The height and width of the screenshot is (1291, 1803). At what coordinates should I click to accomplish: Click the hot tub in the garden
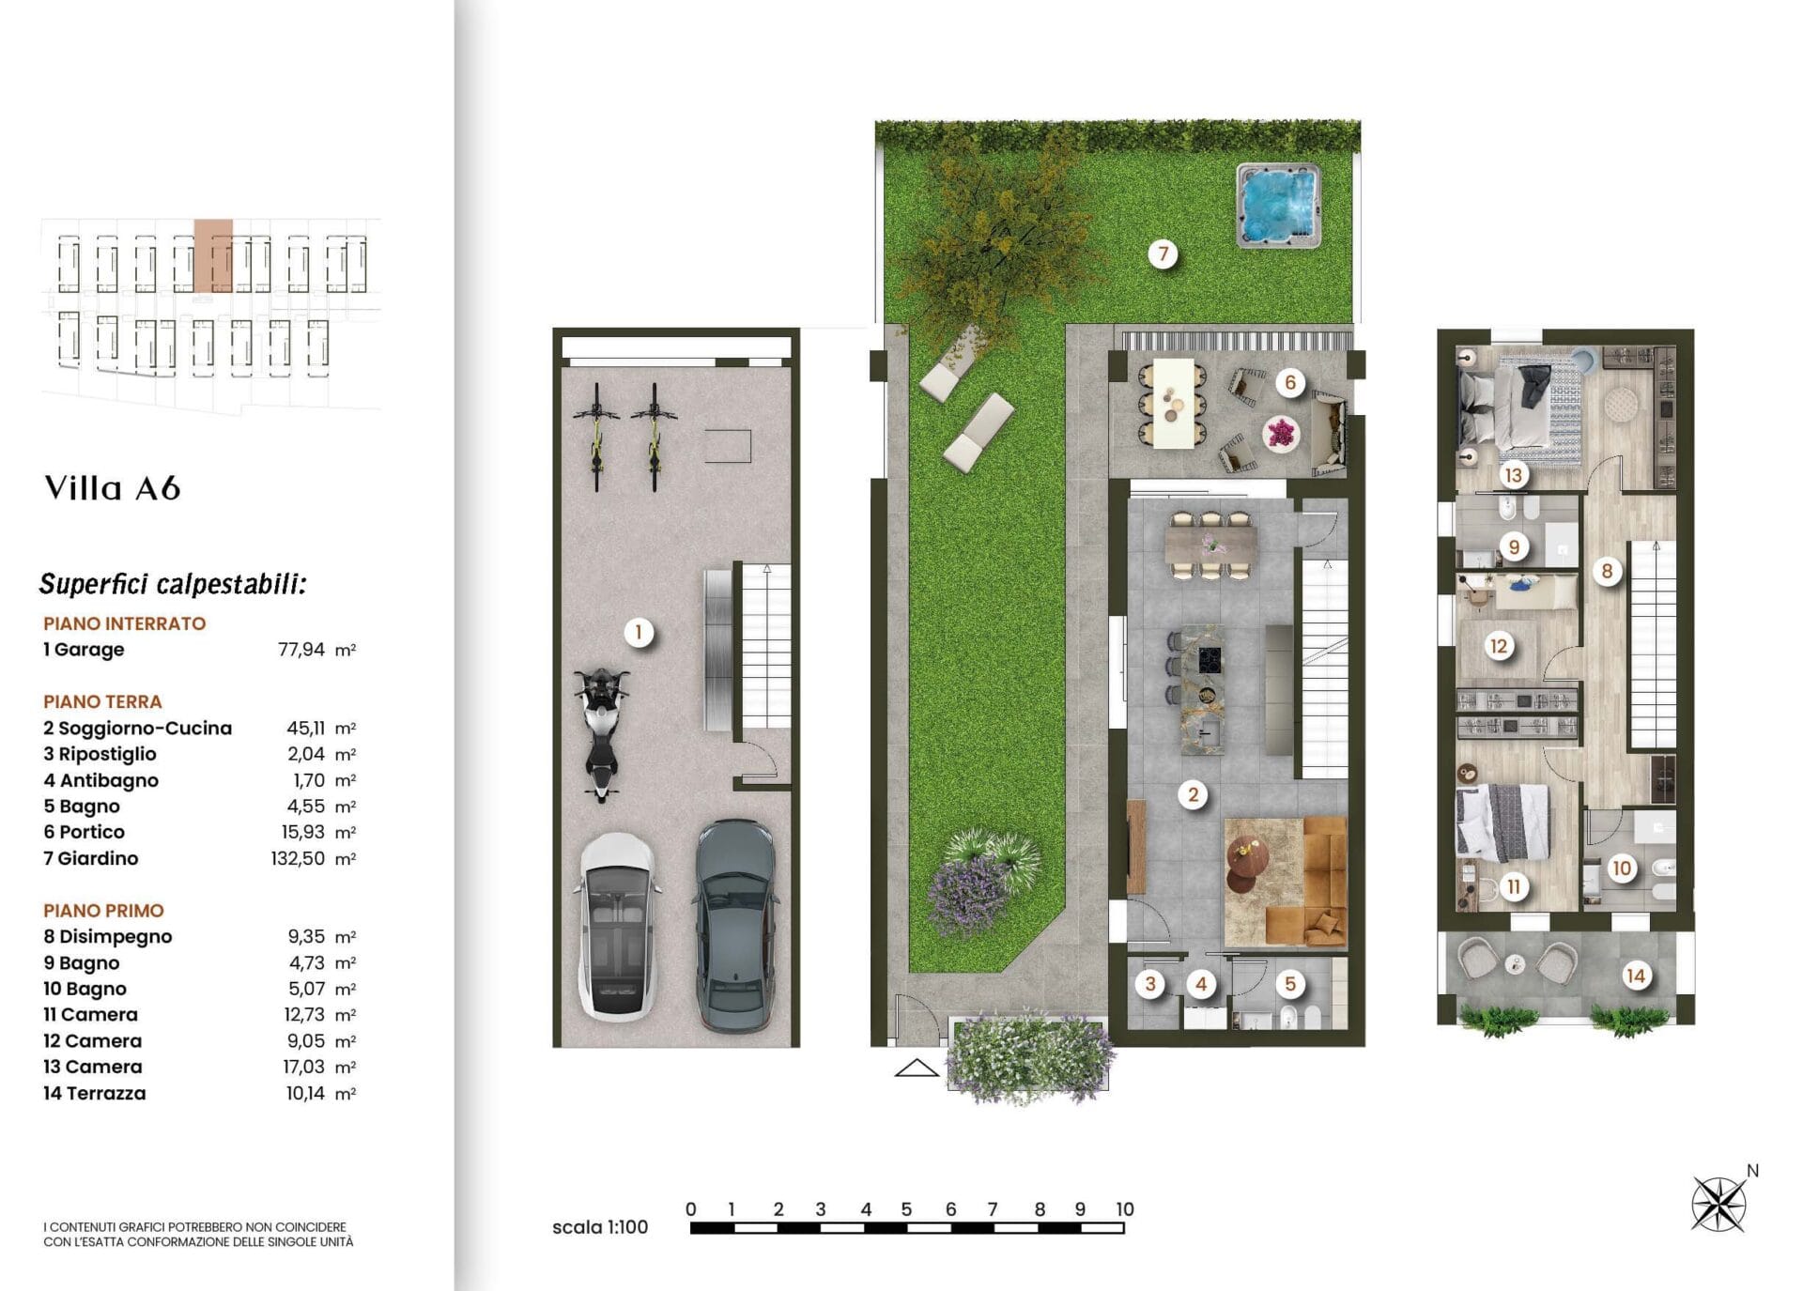pos(1279,206)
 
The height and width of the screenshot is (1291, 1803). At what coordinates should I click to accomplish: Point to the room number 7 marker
pos(1163,254)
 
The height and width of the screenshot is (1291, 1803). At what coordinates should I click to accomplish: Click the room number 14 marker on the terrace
pos(1636,976)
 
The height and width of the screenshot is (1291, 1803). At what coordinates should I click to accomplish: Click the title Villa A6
pos(113,488)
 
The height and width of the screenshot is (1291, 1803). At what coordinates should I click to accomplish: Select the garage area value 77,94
pos(301,650)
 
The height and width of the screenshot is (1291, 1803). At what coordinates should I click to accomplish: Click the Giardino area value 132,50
pos(298,858)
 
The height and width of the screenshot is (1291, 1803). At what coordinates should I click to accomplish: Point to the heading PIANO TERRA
pos(102,701)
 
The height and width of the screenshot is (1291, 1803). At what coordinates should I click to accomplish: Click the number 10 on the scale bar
pos(1125,1209)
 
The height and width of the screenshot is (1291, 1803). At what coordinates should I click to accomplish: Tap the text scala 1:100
pos(600,1227)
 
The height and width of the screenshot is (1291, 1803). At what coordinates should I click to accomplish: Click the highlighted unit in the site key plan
pos(213,256)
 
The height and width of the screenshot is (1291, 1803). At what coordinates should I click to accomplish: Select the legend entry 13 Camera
pos(93,1067)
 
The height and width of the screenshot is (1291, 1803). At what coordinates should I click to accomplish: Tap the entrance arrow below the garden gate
pos(917,1068)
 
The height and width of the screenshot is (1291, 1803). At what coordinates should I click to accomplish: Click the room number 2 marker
pos(1193,795)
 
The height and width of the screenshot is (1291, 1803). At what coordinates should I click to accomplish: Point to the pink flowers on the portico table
pos(1281,434)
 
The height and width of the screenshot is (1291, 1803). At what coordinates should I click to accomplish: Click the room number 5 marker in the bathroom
pos(1290,984)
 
